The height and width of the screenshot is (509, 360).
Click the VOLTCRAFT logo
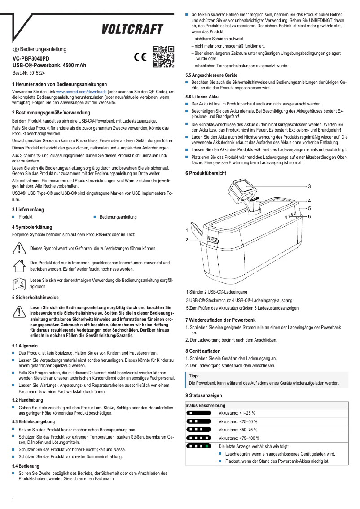pyautogui.click(x=132, y=30)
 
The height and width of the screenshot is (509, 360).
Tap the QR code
pyautogui.click(x=163, y=57)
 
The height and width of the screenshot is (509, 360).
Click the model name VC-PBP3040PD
pyautogui.click(x=31, y=59)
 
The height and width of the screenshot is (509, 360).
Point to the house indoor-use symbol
pyautogui.click(x=19, y=265)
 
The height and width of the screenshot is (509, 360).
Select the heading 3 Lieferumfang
pyautogui.click(x=28, y=210)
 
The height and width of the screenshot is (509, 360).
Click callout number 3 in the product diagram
pyautogui.click(x=309, y=186)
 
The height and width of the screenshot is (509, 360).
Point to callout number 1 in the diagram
pyautogui.click(x=187, y=230)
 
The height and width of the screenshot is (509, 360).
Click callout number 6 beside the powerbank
pyautogui.click(x=309, y=216)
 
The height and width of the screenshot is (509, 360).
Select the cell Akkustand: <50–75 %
pyautogui.click(x=238, y=430)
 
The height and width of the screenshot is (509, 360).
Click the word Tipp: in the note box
pyautogui.click(x=194, y=376)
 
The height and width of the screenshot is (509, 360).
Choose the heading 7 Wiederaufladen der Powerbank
pyautogui.click(x=220, y=320)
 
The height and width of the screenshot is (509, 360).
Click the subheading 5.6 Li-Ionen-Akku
pyautogui.click(x=202, y=97)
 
